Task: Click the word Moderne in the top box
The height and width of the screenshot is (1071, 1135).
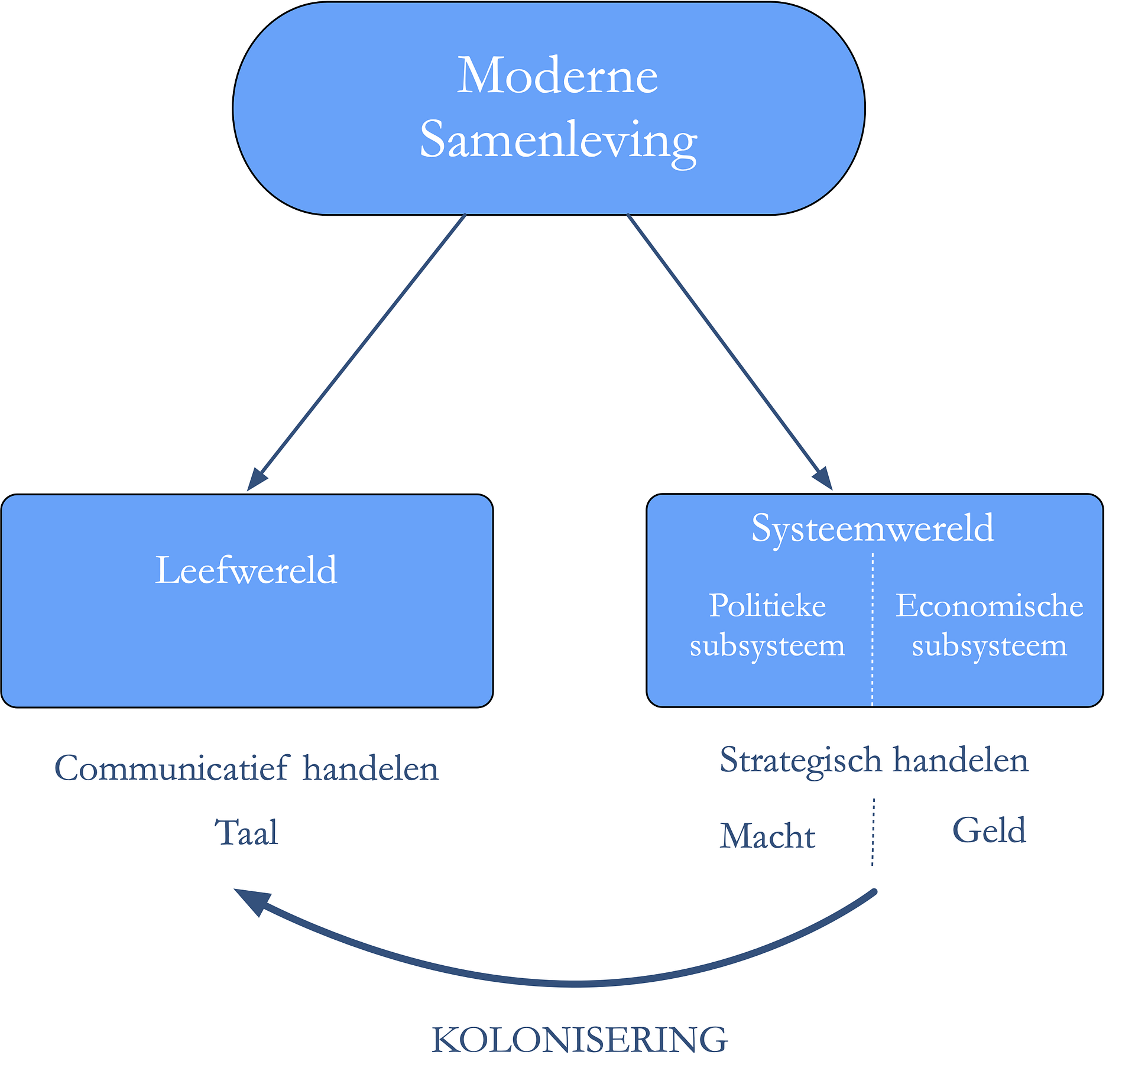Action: click(557, 76)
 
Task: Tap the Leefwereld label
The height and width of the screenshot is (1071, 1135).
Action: click(246, 571)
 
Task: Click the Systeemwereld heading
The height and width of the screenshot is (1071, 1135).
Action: click(873, 528)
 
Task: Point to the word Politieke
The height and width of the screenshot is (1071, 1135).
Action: click(767, 606)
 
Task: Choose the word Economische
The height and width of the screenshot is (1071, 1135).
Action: click(990, 606)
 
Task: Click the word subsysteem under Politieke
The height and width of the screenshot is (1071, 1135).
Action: click(767, 646)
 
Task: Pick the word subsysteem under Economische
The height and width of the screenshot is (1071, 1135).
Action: click(990, 646)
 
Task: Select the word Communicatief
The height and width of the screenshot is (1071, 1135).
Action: click(172, 770)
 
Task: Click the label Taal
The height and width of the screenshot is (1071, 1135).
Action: click(247, 833)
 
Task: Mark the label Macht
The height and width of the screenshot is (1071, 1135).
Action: click(767, 837)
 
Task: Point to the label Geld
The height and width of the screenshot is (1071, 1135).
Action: click(989, 830)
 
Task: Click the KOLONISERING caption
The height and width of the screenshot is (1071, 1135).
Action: click(579, 1040)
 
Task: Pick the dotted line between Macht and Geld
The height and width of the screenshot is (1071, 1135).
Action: click(873, 832)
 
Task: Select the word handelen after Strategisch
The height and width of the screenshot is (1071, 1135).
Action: click(961, 761)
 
